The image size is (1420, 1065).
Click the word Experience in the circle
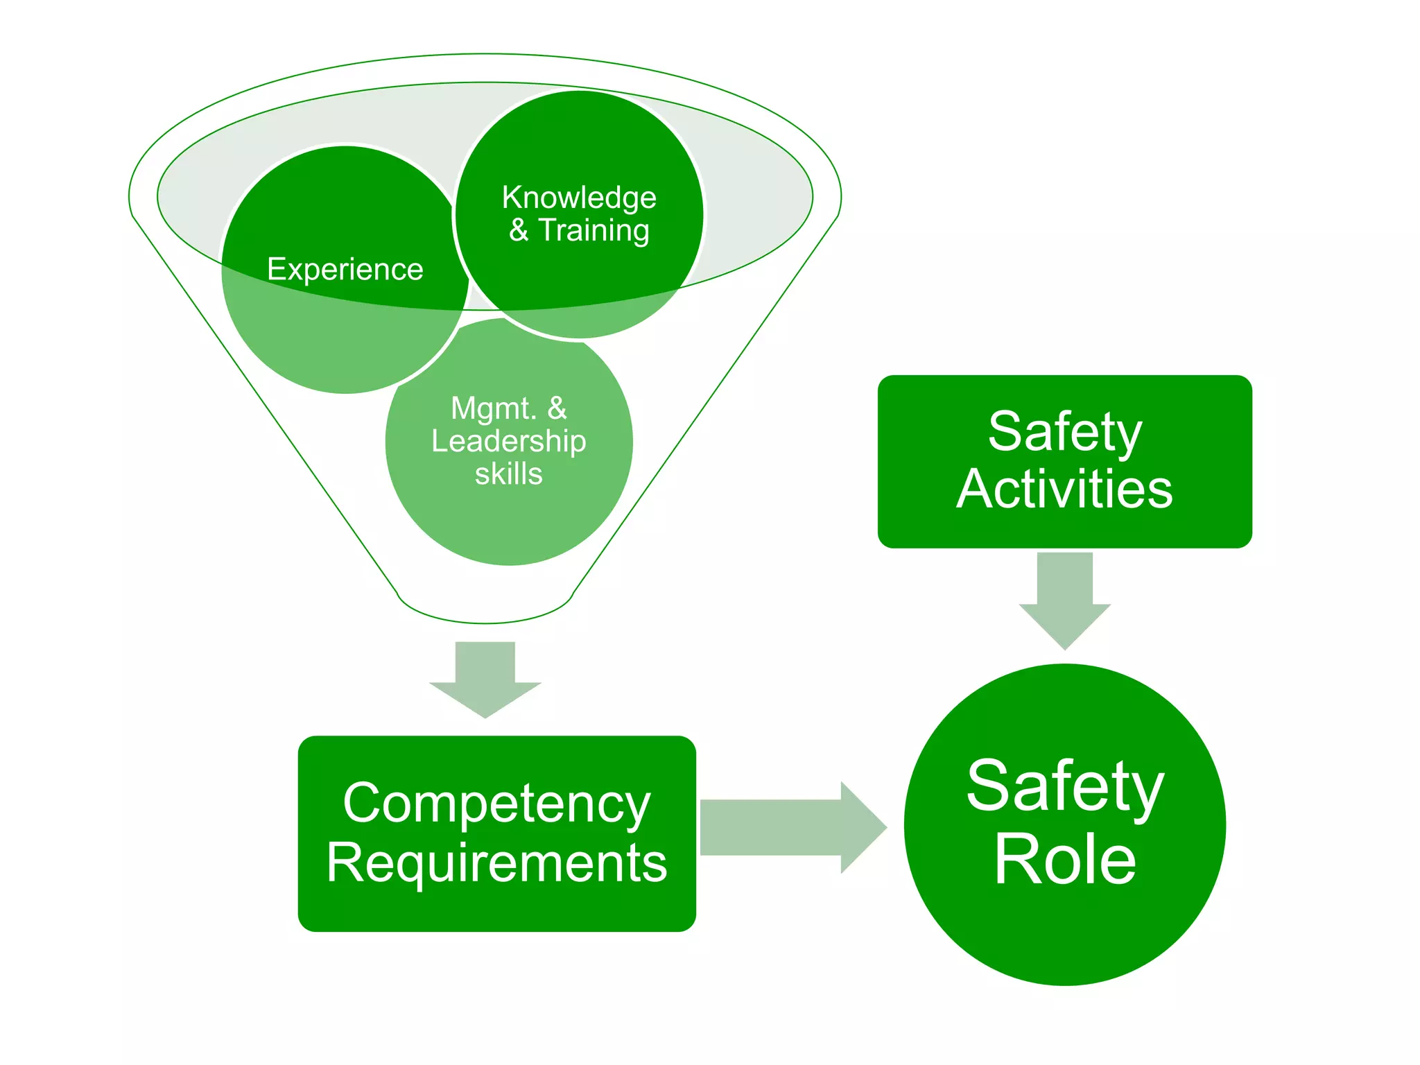click(345, 270)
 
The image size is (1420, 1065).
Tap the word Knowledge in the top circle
click(579, 198)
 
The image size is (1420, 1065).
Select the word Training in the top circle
click(594, 231)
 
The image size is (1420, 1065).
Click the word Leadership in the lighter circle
click(508, 442)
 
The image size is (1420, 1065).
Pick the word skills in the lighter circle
click(508, 474)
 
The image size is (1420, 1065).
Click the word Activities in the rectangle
click(1064, 490)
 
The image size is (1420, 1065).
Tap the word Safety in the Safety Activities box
click(1064, 432)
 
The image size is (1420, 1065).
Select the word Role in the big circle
click(1065, 860)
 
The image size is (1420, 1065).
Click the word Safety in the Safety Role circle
click(1065, 786)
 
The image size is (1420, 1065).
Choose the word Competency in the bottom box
click(496, 804)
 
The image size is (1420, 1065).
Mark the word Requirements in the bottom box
click(496, 863)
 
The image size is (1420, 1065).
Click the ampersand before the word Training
click(519, 230)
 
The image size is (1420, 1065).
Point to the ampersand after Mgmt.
click(557, 408)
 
